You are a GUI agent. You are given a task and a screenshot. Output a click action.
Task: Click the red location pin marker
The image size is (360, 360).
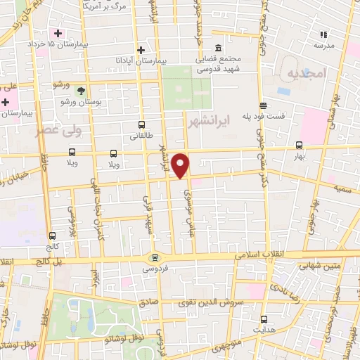tap(181, 165)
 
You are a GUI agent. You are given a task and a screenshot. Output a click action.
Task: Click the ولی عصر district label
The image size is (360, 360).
tap(58, 131)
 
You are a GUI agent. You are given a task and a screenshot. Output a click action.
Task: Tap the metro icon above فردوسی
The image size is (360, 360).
tap(154, 258)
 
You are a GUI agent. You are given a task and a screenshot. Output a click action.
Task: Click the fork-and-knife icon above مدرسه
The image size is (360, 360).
tap(324, 34)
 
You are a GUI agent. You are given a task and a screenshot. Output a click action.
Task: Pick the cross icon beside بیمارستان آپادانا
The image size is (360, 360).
tap(141, 50)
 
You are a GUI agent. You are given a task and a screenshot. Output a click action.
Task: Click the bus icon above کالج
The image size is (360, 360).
tap(52, 236)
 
